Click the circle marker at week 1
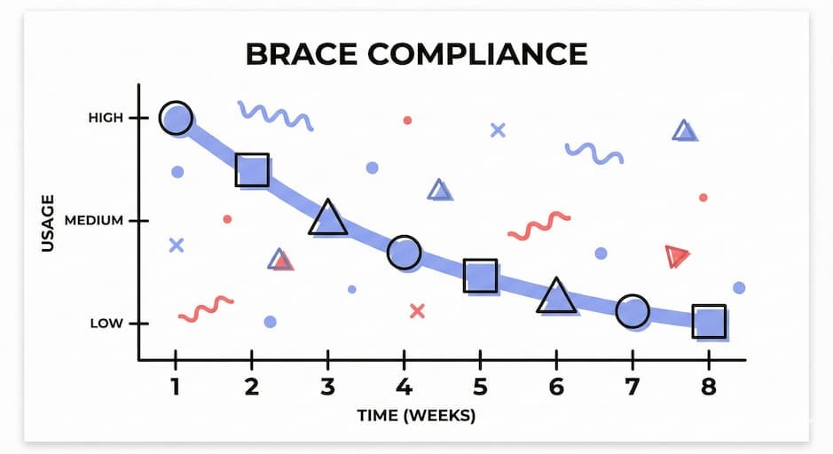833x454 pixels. click(176, 117)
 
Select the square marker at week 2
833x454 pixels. click(252, 168)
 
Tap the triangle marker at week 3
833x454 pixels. click(328, 218)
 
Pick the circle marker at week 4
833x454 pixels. click(404, 253)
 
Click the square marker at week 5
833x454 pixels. click(480, 277)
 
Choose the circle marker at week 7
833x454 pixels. click(633, 311)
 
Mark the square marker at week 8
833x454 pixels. click(709, 321)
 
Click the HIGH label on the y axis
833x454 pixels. click(106, 118)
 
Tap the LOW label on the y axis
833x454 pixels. click(106, 324)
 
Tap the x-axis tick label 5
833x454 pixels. click(480, 387)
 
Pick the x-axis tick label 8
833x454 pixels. click(709, 387)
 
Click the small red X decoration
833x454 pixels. click(417, 310)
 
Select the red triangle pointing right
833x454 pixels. click(677, 256)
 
